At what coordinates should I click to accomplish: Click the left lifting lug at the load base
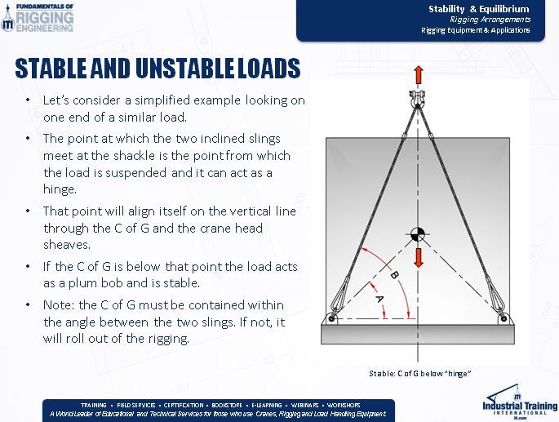coord(330,317)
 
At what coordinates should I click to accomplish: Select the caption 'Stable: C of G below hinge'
coord(421,373)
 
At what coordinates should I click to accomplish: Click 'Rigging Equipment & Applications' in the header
coord(475,29)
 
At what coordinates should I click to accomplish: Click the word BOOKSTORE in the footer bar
coord(228,405)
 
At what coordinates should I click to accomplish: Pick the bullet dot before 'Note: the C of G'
coord(29,305)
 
